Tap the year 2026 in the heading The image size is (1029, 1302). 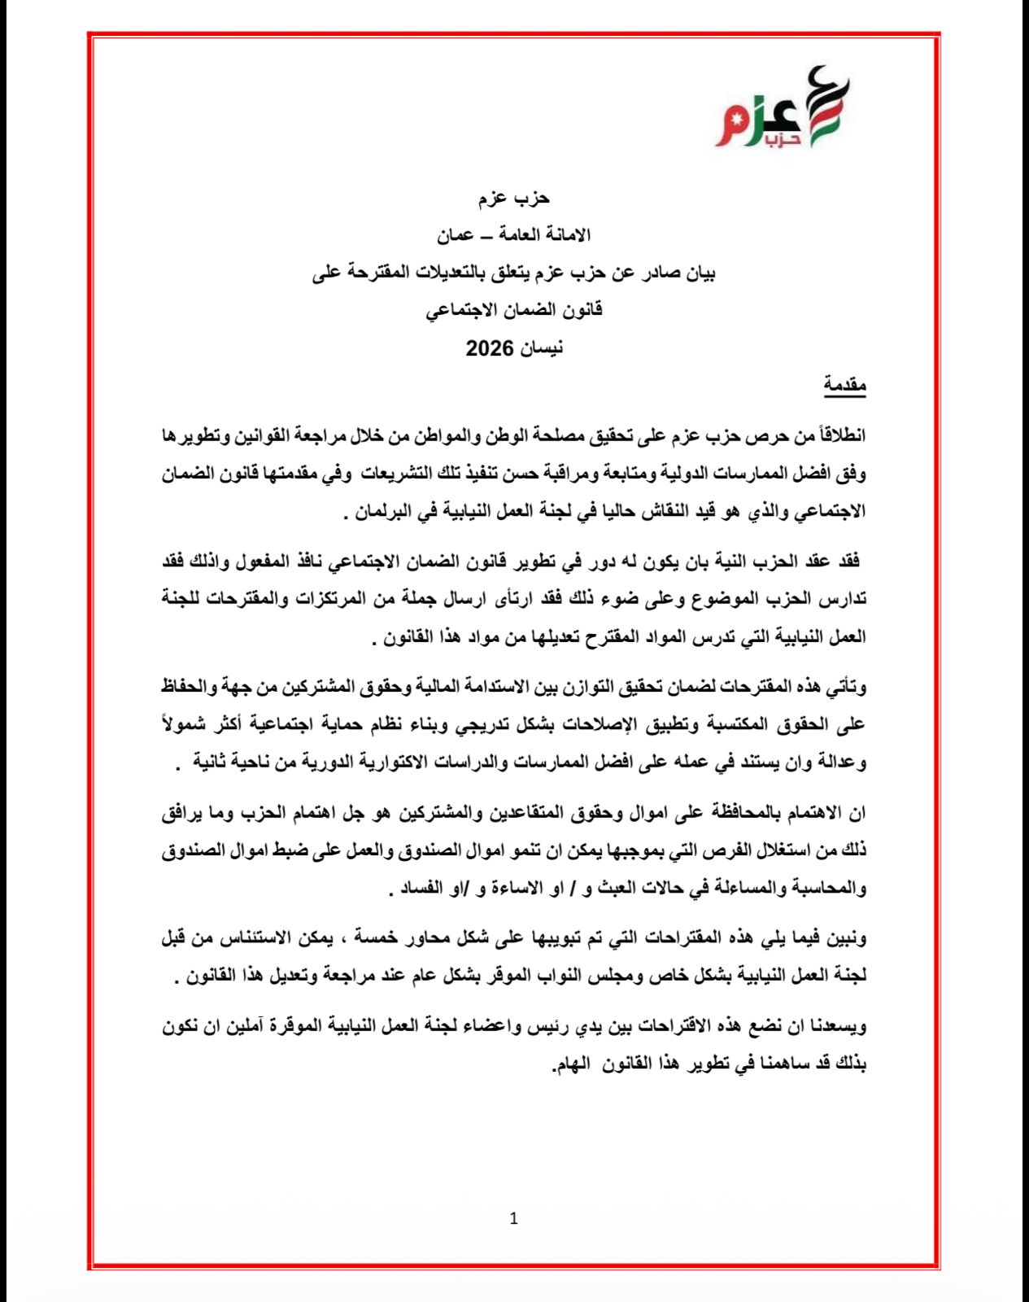pos(490,349)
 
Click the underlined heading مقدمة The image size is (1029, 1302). pos(845,385)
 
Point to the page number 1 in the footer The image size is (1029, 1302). pos(513,1218)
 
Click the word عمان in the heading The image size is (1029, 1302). pos(455,235)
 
